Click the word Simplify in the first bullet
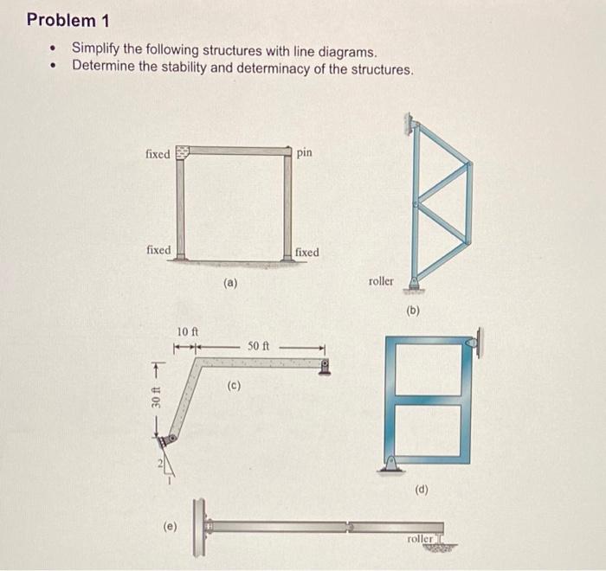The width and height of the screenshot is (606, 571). click(x=96, y=50)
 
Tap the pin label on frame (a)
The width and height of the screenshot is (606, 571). click(x=304, y=152)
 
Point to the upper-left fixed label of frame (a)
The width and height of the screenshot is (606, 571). click(x=158, y=154)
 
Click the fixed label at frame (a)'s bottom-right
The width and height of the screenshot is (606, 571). click(x=306, y=252)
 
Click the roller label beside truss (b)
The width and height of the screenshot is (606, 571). click(x=380, y=281)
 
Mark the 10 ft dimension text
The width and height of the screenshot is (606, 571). click(x=188, y=331)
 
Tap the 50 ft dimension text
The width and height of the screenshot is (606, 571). click(x=259, y=346)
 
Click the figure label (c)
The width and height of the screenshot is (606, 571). click(x=234, y=386)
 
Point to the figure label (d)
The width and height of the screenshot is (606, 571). click(x=422, y=489)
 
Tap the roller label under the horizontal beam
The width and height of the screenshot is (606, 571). click(x=420, y=538)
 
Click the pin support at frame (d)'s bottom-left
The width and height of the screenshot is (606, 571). click(x=393, y=463)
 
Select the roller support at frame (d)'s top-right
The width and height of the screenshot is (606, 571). click(x=474, y=343)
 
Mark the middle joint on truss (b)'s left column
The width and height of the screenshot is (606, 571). click(x=416, y=206)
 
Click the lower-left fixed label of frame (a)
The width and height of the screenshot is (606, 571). click(x=158, y=250)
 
